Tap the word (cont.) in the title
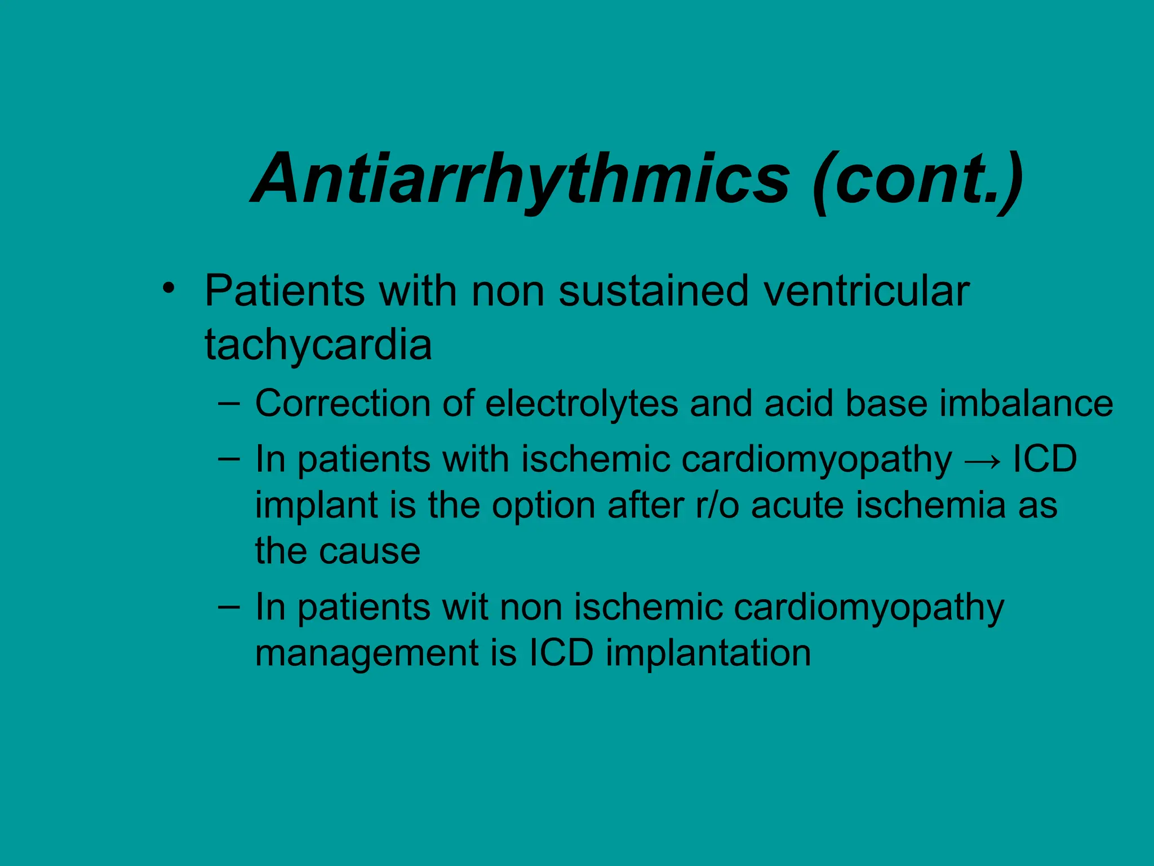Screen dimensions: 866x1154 [917, 179]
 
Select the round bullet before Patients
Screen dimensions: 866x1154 [167, 289]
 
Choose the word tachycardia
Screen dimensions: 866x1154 [318, 344]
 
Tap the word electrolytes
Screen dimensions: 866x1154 [582, 404]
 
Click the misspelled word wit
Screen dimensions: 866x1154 [465, 607]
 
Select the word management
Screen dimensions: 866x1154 [367, 654]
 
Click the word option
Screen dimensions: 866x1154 [543, 506]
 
